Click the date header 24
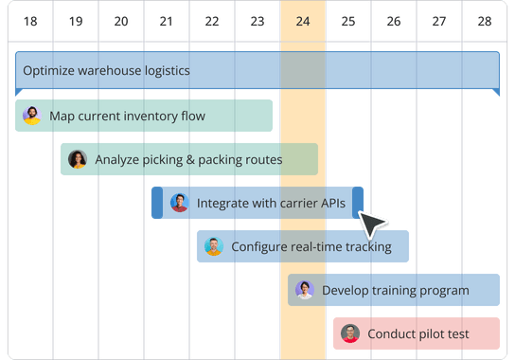[x=303, y=20]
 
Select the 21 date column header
[x=166, y=20]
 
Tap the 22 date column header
[x=211, y=20]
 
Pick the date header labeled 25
[x=348, y=20]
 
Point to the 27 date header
[x=439, y=20]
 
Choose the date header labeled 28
[x=485, y=20]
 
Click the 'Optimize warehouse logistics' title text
[x=106, y=70]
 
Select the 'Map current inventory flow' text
[x=127, y=117]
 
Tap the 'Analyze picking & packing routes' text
[x=188, y=160]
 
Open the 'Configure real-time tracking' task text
[x=311, y=247]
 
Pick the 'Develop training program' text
[x=396, y=290]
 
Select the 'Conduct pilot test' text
[x=418, y=333]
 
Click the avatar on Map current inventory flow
[x=32, y=116]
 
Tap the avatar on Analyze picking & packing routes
[x=78, y=159]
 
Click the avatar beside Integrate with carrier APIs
[x=180, y=203]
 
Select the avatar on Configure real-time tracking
[x=214, y=246]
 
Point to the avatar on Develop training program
[x=304, y=290]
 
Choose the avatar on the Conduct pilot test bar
[x=350, y=333]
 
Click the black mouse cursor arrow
[x=373, y=225]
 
